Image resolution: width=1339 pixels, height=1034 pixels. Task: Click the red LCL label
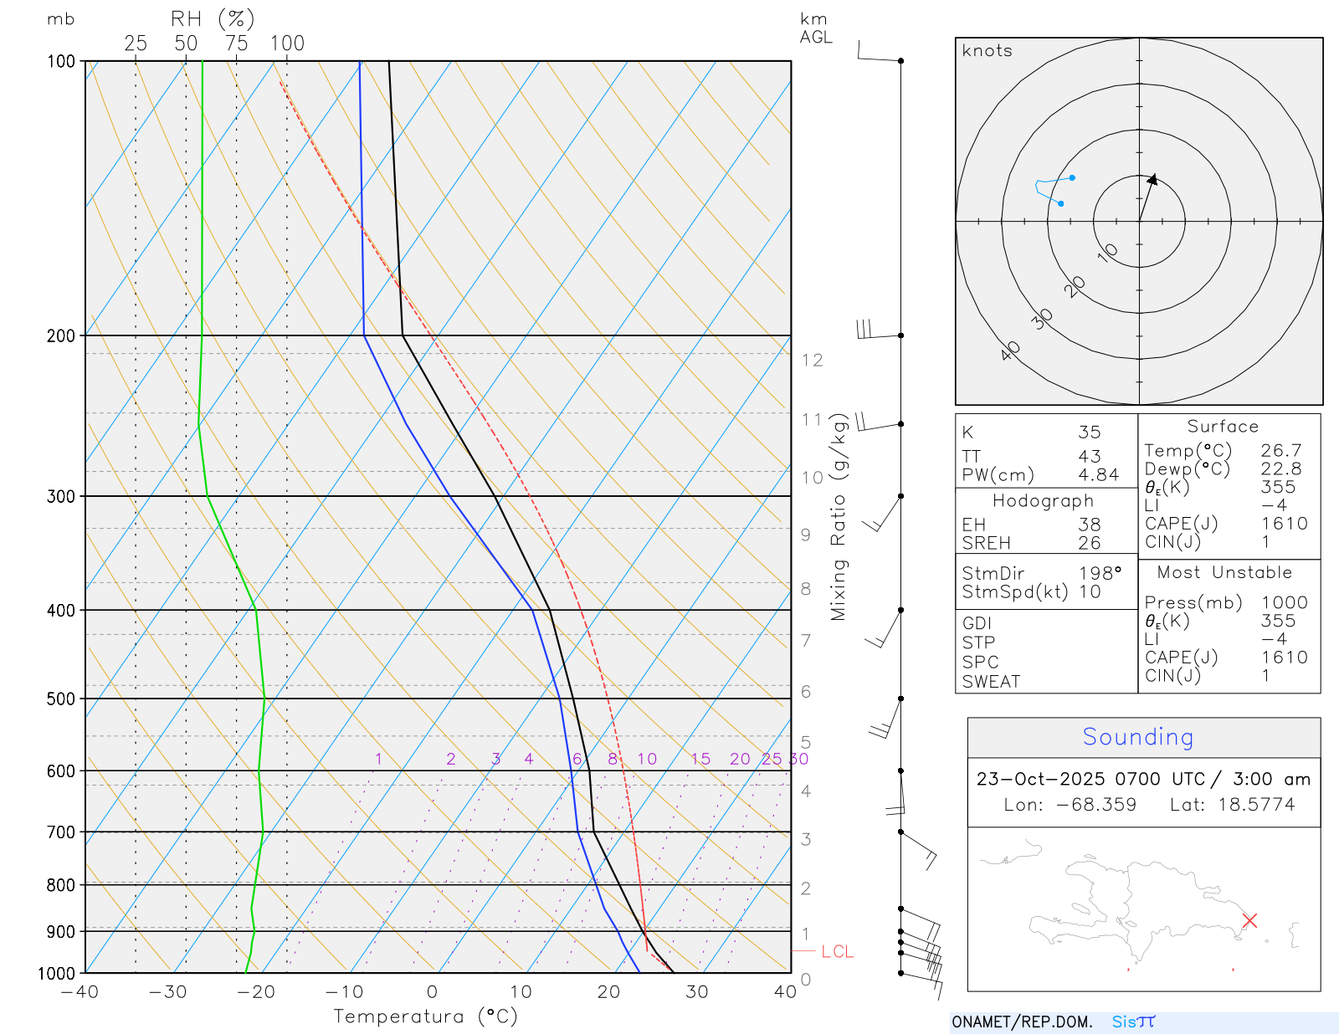[837, 951]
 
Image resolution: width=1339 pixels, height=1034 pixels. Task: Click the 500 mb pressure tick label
[61, 699]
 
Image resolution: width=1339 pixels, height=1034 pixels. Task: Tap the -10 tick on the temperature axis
[344, 992]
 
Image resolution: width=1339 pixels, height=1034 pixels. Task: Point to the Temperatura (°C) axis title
[425, 1016]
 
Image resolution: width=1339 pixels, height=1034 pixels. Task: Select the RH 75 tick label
[236, 44]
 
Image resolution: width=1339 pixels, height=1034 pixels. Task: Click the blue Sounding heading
[1137, 737]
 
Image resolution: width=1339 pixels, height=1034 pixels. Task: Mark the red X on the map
[1249, 920]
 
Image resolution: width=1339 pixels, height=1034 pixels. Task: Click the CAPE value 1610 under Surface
[1284, 524]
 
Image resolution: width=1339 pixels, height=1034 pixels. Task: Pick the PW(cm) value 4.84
[1098, 475]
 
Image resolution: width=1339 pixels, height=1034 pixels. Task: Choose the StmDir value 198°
[1100, 574]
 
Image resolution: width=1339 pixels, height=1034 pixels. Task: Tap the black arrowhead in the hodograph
[1152, 180]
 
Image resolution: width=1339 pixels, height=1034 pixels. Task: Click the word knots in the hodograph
[987, 51]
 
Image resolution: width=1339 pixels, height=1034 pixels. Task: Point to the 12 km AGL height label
[812, 361]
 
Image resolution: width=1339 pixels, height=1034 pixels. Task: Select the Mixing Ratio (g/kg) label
[839, 517]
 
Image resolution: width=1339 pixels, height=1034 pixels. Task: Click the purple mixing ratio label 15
[700, 759]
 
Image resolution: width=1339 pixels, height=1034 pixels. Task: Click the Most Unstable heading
[1224, 573]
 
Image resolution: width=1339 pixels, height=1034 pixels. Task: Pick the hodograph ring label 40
[1010, 351]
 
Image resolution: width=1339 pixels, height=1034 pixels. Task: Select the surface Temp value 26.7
[1280, 451]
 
